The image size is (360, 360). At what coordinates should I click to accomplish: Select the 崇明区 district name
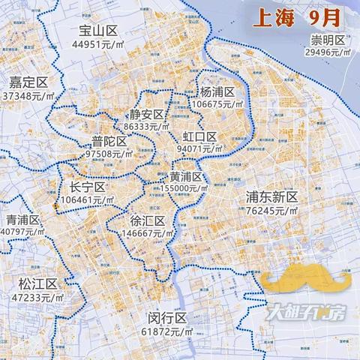pyautogui.click(x=329, y=39)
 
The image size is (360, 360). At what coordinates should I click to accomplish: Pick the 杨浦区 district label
pyautogui.click(x=217, y=91)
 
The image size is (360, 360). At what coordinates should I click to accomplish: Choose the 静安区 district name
pyautogui.click(x=146, y=115)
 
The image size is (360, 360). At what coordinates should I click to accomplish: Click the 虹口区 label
pyautogui.click(x=199, y=136)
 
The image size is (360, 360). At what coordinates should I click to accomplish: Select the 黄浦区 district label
pyautogui.click(x=185, y=177)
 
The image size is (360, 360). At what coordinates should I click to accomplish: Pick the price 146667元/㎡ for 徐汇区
pyautogui.click(x=148, y=233)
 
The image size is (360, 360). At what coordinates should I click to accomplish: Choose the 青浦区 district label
pyautogui.click(x=23, y=220)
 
